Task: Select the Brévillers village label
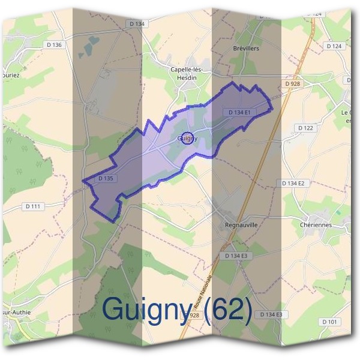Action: (246, 49)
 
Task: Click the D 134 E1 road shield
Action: (242, 112)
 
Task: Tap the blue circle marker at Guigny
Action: (187, 138)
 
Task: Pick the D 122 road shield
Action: (305, 128)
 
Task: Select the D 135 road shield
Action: (104, 178)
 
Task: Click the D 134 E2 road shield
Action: (293, 183)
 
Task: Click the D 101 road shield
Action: (329, 322)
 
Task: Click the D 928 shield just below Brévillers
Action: (293, 84)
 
